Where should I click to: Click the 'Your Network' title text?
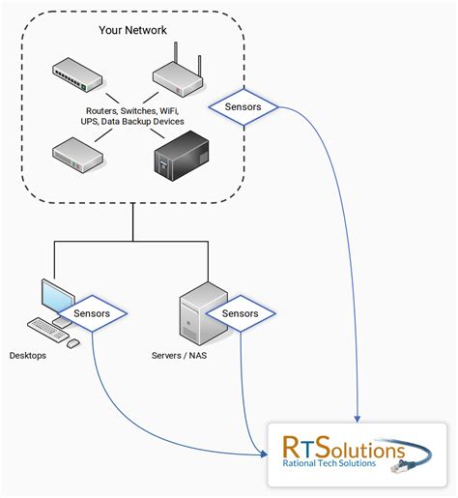(132, 31)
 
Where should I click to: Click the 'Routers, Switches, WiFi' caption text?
(131, 110)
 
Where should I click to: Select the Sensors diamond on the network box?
(242, 106)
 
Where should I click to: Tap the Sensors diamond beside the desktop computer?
(92, 313)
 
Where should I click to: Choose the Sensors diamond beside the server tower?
(240, 313)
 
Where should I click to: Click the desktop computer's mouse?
(72, 342)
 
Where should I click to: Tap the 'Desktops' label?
(28, 356)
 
